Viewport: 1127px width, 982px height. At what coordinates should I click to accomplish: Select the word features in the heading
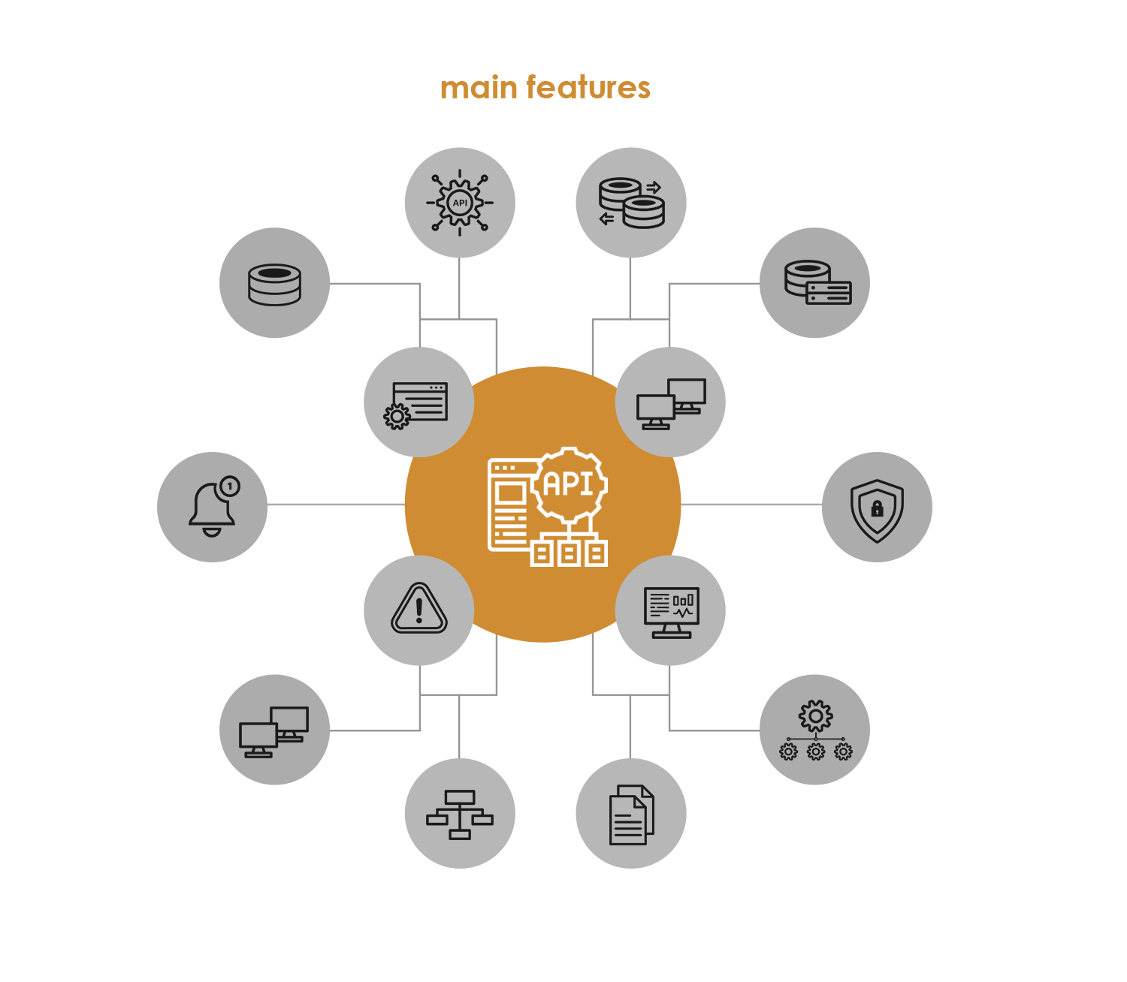coord(588,88)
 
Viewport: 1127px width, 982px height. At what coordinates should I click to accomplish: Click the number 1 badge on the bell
coord(229,486)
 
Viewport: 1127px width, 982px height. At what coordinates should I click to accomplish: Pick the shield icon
coord(876,511)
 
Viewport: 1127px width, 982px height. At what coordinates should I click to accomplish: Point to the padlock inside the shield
coord(876,508)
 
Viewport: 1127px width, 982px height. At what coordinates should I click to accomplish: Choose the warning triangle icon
coord(418,608)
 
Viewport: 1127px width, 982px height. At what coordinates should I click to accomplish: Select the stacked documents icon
coord(631,814)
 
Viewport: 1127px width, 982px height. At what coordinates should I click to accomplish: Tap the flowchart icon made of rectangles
coord(459,814)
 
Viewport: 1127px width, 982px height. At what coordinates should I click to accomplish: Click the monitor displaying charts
coord(671,613)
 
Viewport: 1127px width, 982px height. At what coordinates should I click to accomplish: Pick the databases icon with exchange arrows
coord(631,203)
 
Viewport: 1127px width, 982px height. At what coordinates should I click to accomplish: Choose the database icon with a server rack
coord(818,282)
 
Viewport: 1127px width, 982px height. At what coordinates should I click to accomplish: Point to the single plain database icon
coord(274,284)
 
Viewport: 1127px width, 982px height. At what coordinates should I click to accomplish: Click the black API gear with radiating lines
coord(459,203)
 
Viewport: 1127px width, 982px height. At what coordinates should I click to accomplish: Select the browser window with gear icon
coord(416,405)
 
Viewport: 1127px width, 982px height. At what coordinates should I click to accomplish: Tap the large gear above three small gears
coord(815,715)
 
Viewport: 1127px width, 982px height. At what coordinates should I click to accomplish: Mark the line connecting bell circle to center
coord(336,505)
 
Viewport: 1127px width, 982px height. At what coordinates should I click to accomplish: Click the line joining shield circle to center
coord(751,505)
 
